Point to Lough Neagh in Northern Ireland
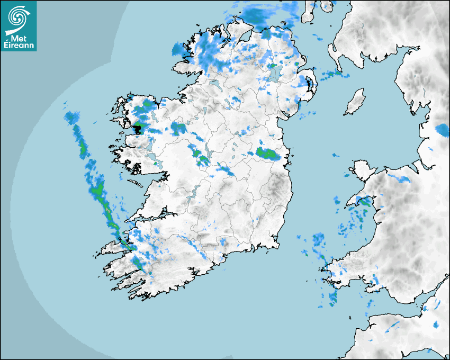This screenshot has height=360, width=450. (x=275, y=74)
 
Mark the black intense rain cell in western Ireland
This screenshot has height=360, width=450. (x=138, y=129)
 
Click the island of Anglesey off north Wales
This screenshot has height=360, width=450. (x=361, y=170)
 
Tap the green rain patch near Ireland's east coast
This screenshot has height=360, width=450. (x=267, y=154)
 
